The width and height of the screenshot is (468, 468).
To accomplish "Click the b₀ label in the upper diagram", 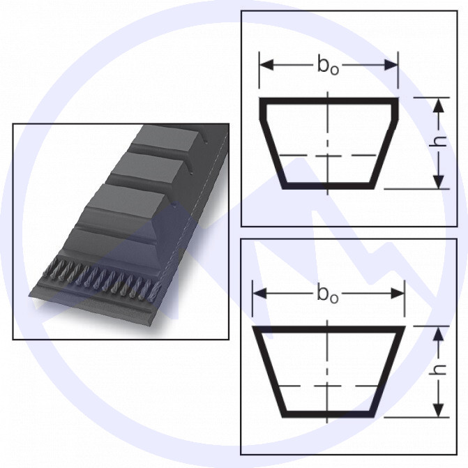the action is click(328, 65).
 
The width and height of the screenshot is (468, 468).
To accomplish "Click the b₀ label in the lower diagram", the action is click(327, 294).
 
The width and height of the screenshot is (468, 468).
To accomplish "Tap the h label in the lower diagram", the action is click(438, 370).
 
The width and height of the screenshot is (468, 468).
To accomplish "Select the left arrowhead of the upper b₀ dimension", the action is click(266, 65).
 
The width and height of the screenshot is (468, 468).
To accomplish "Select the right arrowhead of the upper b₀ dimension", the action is click(391, 65).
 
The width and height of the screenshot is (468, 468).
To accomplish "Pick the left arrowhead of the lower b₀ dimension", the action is click(259, 294).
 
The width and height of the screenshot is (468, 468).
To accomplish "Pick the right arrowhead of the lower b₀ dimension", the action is click(398, 294).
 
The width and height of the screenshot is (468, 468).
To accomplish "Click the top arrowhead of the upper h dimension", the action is click(438, 105).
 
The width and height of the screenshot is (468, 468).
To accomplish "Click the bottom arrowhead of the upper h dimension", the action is click(438, 181).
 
